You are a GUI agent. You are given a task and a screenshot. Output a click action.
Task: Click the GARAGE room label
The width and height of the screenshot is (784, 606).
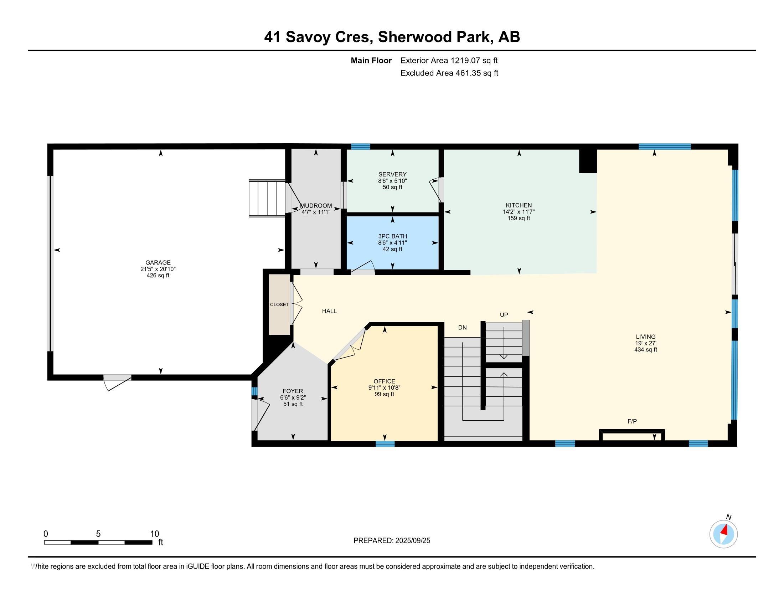tap(158, 262)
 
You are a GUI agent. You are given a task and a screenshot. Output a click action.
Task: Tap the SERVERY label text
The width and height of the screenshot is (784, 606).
tap(392, 174)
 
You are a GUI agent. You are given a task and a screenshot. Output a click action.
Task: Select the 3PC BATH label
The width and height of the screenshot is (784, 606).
tap(392, 236)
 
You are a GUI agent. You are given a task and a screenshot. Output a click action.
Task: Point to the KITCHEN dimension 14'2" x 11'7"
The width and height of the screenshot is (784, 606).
tap(519, 212)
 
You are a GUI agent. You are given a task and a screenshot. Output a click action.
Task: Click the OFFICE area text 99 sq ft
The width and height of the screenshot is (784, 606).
tap(384, 394)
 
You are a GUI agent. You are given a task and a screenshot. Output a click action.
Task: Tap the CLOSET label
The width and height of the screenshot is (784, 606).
tap(279, 304)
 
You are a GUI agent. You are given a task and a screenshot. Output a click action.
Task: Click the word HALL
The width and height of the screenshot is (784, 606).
tap(329, 311)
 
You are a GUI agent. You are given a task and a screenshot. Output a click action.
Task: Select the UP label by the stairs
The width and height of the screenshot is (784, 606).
tap(504, 315)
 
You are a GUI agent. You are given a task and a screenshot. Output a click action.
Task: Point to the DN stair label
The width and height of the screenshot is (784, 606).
tap(462, 327)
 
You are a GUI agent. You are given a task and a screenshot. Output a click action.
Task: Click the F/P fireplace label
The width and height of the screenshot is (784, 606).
tap(632, 421)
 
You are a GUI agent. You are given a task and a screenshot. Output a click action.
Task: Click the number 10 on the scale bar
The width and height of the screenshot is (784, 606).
tap(154, 534)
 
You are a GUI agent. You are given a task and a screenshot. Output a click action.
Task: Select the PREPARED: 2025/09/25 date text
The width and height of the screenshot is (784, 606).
tap(392, 540)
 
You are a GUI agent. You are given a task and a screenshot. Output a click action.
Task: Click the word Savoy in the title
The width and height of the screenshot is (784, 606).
tap(308, 37)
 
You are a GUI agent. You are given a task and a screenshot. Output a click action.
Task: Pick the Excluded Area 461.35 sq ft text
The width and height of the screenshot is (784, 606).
tap(449, 73)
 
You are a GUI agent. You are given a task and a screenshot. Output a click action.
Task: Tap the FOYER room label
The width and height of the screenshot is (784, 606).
tap(293, 391)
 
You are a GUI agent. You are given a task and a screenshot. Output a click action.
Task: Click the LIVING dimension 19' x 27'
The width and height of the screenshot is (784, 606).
tap(645, 343)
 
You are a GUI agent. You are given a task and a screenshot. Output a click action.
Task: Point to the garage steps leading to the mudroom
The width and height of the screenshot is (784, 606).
tap(267, 199)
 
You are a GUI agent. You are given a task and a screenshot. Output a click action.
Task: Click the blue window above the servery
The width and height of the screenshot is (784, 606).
tap(360, 146)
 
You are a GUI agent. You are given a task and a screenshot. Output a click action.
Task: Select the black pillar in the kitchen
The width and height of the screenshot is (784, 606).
tap(588, 161)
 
